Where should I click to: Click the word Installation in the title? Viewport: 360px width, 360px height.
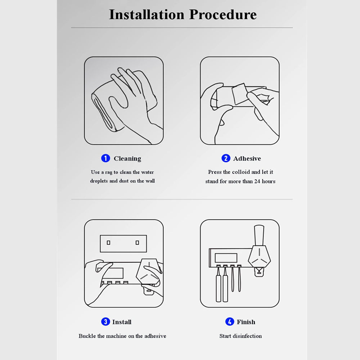[147, 14]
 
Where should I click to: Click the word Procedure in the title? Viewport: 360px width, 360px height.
[223, 14]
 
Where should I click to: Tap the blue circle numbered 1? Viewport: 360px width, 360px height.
[105, 158]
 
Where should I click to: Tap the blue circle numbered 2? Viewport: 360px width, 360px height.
[226, 158]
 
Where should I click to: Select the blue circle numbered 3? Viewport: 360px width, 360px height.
[105, 321]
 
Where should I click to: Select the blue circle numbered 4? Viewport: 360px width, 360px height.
[230, 321]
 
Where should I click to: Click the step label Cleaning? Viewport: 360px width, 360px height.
[127, 159]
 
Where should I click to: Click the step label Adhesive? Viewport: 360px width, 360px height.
[247, 158]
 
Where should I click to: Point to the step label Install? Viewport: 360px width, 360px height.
[122, 322]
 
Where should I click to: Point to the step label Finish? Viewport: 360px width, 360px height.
[246, 322]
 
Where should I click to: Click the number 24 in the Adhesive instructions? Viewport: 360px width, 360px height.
[257, 181]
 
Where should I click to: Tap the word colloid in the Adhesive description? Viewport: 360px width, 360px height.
[241, 172]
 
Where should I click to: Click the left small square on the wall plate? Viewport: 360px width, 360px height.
[109, 243]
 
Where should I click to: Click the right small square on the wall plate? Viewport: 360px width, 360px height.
[137, 243]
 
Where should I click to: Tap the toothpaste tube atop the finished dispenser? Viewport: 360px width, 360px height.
[259, 235]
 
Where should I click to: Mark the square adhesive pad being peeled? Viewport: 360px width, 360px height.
[240, 94]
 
